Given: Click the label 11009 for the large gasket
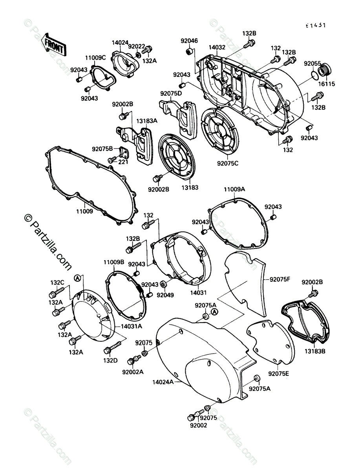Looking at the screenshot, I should pos(85,211).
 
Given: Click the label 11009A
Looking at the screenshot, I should pos(234,190).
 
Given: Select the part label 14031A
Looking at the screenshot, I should pos(132,326).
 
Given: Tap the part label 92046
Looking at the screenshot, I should pos(189,40).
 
